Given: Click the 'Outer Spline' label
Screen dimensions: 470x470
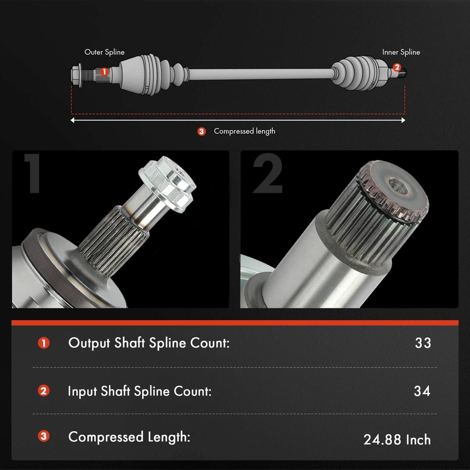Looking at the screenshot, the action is coord(105,52).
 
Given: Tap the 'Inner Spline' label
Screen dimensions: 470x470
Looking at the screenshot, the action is coord(401,52).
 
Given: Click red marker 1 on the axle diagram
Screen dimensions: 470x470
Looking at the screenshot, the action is coord(104,72).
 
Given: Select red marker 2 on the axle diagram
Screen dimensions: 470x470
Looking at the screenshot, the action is coord(397,67).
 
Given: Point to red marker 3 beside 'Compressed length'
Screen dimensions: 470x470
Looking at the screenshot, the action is coord(202,131).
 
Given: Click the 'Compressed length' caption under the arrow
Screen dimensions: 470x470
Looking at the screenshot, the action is coord(244,131).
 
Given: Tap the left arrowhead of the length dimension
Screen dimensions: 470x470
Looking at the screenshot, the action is coord(72,120).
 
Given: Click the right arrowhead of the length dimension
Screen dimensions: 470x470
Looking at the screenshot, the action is coord(404,120).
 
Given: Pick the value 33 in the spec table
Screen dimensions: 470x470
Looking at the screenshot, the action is coord(423,343).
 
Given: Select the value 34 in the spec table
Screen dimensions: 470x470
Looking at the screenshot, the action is coord(422,391).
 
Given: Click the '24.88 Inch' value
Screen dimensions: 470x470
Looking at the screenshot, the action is coord(397,439).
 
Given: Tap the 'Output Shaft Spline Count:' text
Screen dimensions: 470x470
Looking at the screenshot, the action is coord(149,343).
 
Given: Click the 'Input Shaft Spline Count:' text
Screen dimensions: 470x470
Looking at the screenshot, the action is coord(140,391).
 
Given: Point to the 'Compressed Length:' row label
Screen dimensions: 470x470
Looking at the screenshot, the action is coord(129,437).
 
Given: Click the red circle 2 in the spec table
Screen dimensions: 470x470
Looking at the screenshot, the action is coord(43,391).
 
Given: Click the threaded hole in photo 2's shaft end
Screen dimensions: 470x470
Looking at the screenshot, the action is coord(398,186).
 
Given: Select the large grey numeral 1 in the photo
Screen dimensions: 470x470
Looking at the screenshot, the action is coord(33,173).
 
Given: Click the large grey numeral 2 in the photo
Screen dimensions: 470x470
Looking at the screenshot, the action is coord(268,173).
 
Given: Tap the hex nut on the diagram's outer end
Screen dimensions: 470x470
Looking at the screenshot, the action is coord(77,75).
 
